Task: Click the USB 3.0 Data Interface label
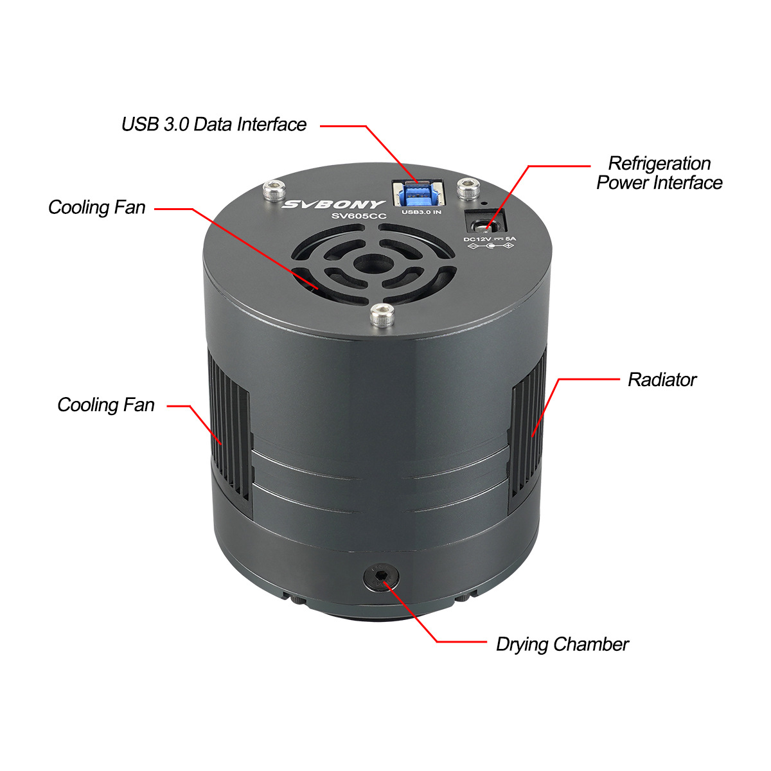coord(214,125)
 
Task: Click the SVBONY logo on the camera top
coord(333,205)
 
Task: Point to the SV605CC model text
coord(359,217)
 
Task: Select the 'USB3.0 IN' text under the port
coord(421,212)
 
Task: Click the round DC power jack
coord(485,227)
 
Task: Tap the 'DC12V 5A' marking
coord(490,239)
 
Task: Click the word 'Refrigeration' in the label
coord(659,163)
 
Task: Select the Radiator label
coord(662,380)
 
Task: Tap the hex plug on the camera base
coord(381,578)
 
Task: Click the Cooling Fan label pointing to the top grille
coord(97,208)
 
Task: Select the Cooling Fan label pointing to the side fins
coord(106,405)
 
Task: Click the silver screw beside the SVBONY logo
coord(274,190)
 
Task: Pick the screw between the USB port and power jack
coord(468,188)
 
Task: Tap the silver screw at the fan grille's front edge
coord(382,315)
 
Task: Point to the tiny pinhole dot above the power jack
coord(484,203)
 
